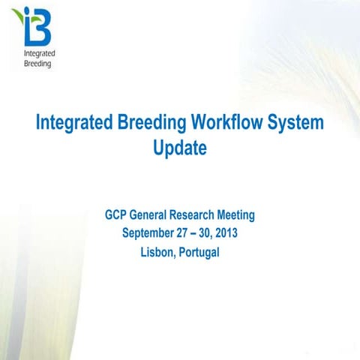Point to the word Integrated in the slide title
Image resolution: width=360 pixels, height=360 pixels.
73,123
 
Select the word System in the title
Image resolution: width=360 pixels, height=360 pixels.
298,123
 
